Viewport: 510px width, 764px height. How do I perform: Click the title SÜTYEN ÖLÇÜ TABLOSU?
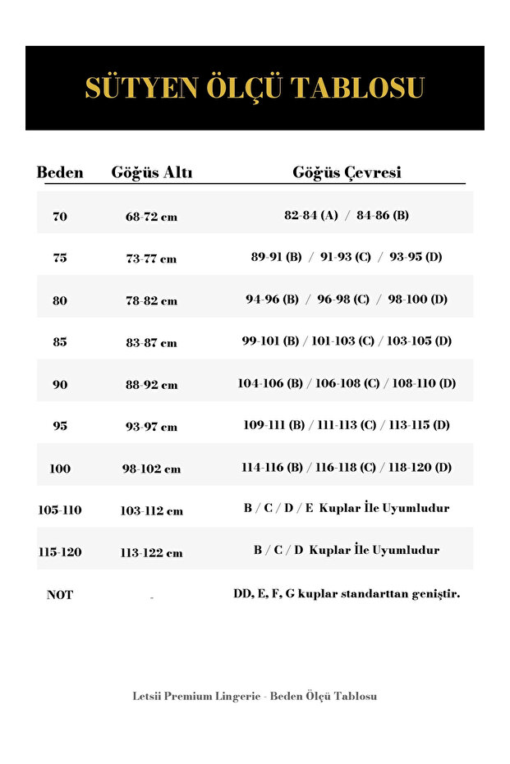tap(255, 88)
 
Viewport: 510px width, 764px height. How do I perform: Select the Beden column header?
tap(60, 173)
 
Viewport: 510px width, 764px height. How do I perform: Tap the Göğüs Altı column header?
tap(152, 173)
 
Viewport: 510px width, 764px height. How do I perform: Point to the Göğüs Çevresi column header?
tap(347, 173)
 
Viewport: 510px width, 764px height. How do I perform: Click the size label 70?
tap(60, 217)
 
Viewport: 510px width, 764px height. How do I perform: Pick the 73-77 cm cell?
tap(151, 258)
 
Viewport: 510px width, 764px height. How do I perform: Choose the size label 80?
tap(60, 300)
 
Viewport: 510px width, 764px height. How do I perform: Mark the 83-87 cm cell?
tap(151, 343)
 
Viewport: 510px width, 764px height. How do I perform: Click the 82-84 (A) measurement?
tap(311, 216)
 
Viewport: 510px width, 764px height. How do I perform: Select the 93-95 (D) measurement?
tap(416, 257)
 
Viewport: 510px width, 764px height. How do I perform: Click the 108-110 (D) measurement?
tap(424, 383)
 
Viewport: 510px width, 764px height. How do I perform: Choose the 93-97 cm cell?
tap(151, 427)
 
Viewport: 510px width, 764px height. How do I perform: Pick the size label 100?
tap(60, 469)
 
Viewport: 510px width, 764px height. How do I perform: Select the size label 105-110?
tap(60, 510)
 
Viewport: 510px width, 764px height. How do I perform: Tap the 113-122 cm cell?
tap(151, 553)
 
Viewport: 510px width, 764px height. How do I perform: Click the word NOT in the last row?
tap(60, 595)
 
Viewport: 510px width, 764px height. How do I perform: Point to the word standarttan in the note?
tap(370, 594)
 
